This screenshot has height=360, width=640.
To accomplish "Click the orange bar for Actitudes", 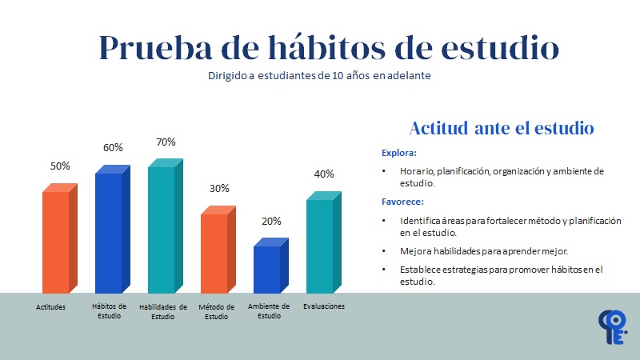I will point(56,242).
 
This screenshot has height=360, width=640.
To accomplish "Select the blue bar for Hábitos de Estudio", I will point(109,232).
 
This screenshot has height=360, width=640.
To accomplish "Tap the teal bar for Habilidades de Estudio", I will point(162,229).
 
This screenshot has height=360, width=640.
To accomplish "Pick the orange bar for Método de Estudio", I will point(214,253).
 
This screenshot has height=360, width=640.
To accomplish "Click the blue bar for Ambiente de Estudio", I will point(267,269).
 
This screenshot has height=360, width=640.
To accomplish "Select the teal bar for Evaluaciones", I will point(319,246).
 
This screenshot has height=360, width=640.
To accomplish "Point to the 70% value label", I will point(166,142).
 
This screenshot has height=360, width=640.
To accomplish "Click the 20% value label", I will point(271,221).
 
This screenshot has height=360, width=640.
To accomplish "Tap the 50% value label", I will point(60,166).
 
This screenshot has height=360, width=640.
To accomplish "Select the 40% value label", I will point(324,174).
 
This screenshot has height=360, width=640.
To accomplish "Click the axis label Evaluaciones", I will point(324,306).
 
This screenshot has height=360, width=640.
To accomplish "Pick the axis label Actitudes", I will point(50,306).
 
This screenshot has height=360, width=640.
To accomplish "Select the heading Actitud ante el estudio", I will point(501,128).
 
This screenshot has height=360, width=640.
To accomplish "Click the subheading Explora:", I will point(399,152).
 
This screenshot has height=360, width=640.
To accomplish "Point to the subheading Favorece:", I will point(402,202).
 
